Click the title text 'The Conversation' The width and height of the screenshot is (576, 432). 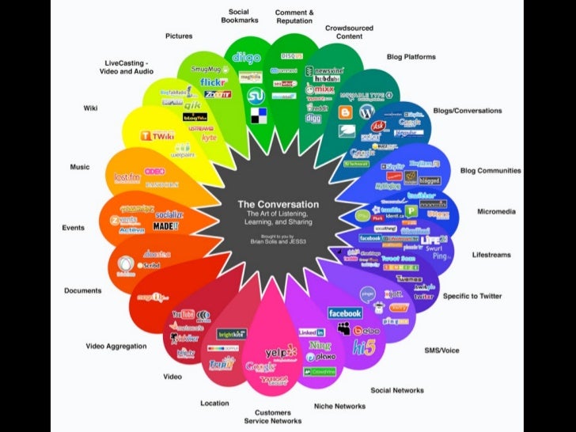coord(279,203)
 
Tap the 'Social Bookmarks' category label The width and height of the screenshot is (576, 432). coord(239,16)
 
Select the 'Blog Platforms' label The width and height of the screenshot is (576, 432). coord(411,57)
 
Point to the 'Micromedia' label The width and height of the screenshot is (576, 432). coord(497,211)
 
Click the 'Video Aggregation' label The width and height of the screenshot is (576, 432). coord(116,346)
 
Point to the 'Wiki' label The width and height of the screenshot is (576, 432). coord(90,108)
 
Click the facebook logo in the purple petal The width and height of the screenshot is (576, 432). coord(345,313)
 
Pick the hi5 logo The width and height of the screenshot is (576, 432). coord(364,346)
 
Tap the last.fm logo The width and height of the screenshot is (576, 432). coord(127,177)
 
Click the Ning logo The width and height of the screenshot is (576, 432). coord(320,346)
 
